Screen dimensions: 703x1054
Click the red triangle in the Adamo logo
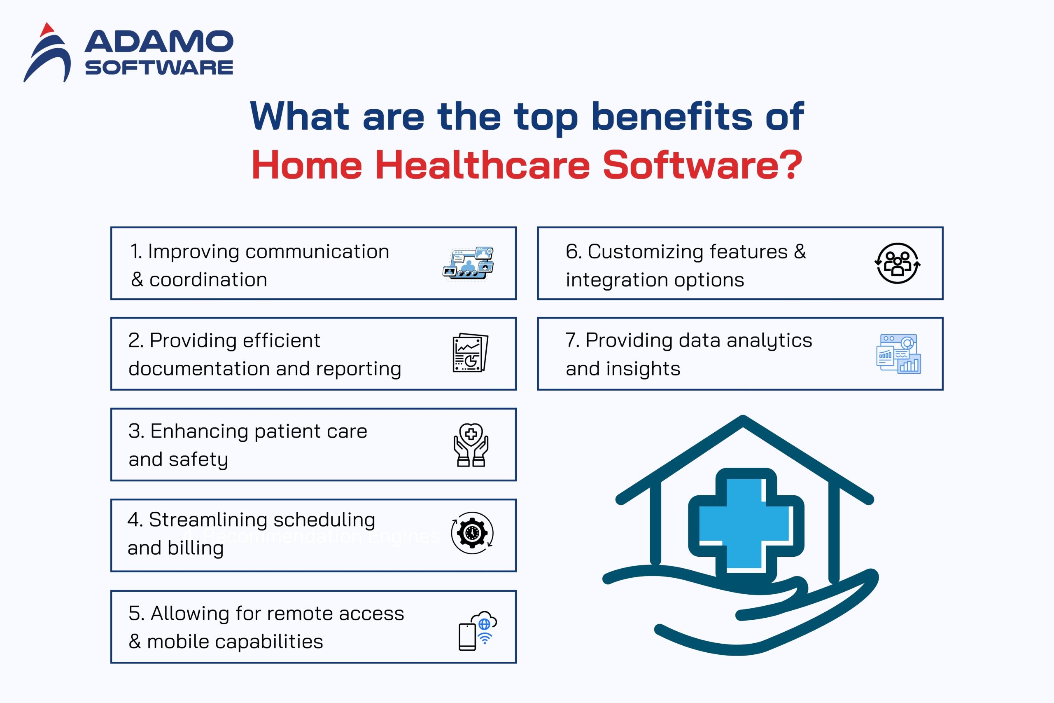pos(46,30)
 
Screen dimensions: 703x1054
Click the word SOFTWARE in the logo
pos(159,68)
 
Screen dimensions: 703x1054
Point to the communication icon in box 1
pos(469,264)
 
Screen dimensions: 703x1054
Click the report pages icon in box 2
pos(470,353)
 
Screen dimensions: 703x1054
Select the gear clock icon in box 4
pos(472,533)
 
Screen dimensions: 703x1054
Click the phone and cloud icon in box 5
pos(477,630)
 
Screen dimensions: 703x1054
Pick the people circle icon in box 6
pos(897,264)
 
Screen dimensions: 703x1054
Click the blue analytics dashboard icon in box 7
pos(898,354)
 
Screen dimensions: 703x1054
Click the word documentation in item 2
pos(199,368)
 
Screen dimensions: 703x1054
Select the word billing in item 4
pos(195,548)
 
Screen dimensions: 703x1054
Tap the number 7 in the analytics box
pos(571,340)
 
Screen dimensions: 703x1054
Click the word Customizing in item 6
pos(642,251)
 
